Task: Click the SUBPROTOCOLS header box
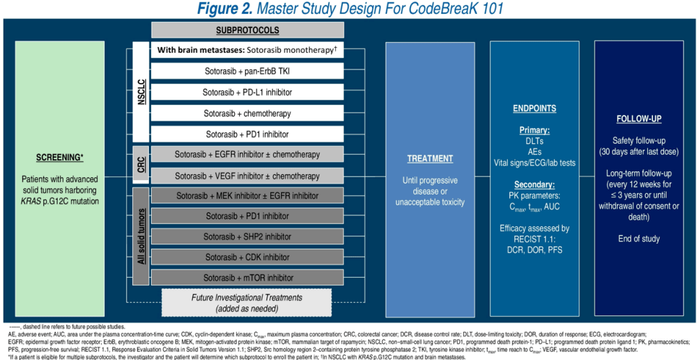[247, 31]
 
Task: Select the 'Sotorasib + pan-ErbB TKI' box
[247, 72]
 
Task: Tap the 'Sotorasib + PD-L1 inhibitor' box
[247, 93]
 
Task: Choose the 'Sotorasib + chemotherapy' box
[247, 113]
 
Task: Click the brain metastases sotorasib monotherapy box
[247, 51]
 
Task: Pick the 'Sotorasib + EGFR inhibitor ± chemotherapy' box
[247, 155]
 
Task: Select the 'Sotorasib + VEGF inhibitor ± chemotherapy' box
[247, 176]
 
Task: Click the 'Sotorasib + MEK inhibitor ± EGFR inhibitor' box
[247, 196]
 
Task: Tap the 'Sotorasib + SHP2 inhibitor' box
[247, 236]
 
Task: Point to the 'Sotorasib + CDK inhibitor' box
[247, 257]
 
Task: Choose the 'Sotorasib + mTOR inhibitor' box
[247, 277]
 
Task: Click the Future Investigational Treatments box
[247, 302]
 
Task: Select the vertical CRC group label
[141, 165]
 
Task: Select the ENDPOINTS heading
[534, 109]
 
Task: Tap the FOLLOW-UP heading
[639, 119]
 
